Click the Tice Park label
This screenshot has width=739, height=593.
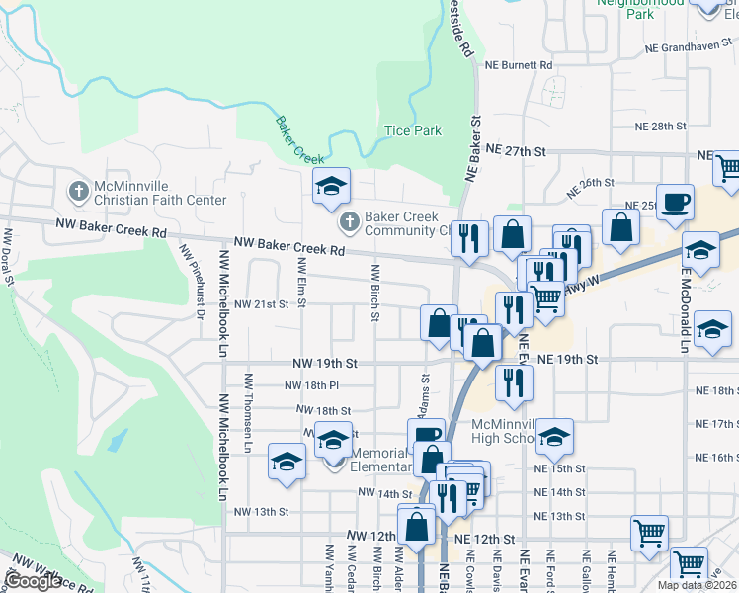click(412, 130)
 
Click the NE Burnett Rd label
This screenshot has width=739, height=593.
click(519, 64)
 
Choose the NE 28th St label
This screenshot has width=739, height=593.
click(661, 127)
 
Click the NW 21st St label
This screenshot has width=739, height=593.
click(261, 304)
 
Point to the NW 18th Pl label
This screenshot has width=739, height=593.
click(312, 386)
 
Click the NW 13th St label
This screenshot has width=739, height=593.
click(261, 512)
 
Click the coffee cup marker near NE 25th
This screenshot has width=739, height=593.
click(676, 202)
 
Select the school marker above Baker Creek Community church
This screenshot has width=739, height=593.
click(332, 185)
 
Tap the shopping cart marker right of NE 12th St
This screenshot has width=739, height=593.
click(649, 532)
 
